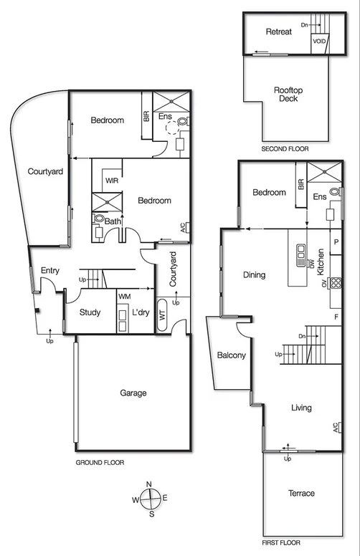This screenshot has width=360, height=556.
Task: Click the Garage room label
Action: coord(133,393)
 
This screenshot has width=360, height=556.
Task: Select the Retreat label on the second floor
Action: coord(278,32)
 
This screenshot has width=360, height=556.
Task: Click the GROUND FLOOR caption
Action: coord(100,463)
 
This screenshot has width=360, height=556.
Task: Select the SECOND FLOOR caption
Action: coord(285,149)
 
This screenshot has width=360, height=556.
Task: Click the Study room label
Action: coord(90,313)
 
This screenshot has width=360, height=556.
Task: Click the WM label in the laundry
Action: coord(124,296)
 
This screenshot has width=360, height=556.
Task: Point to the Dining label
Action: coord(254,274)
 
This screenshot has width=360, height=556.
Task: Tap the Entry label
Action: coord(49,270)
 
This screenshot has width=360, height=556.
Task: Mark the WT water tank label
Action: coord(162,315)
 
